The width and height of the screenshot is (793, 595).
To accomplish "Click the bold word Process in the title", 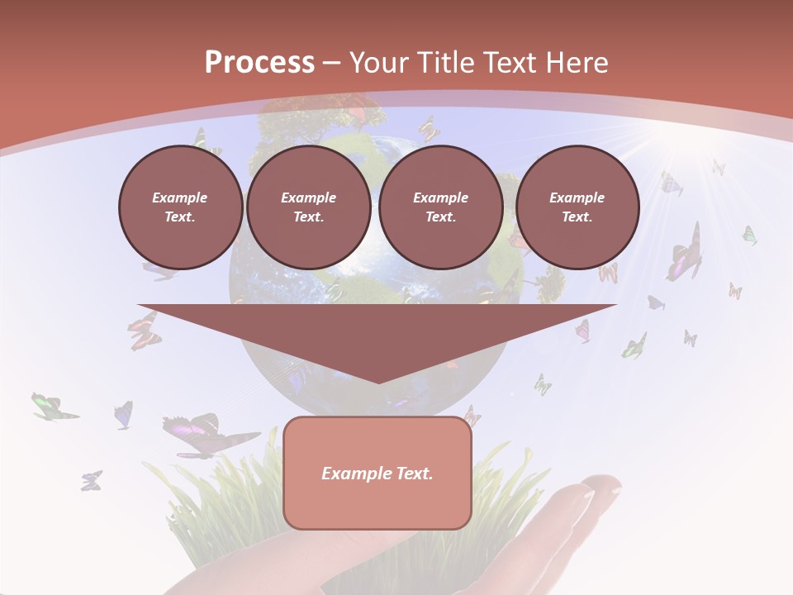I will [259, 63].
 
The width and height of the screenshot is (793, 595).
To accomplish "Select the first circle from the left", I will [180, 207].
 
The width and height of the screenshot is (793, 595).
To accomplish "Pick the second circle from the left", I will [308, 207].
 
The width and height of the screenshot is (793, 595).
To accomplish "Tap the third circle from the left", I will [440, 207].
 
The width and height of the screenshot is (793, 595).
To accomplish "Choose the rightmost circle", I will [577, 207].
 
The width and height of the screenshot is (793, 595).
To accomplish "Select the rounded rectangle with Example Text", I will [377, 473].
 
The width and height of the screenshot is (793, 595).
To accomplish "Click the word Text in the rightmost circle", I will [577, 217].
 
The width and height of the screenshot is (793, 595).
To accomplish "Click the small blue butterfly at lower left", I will [91, 480].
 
